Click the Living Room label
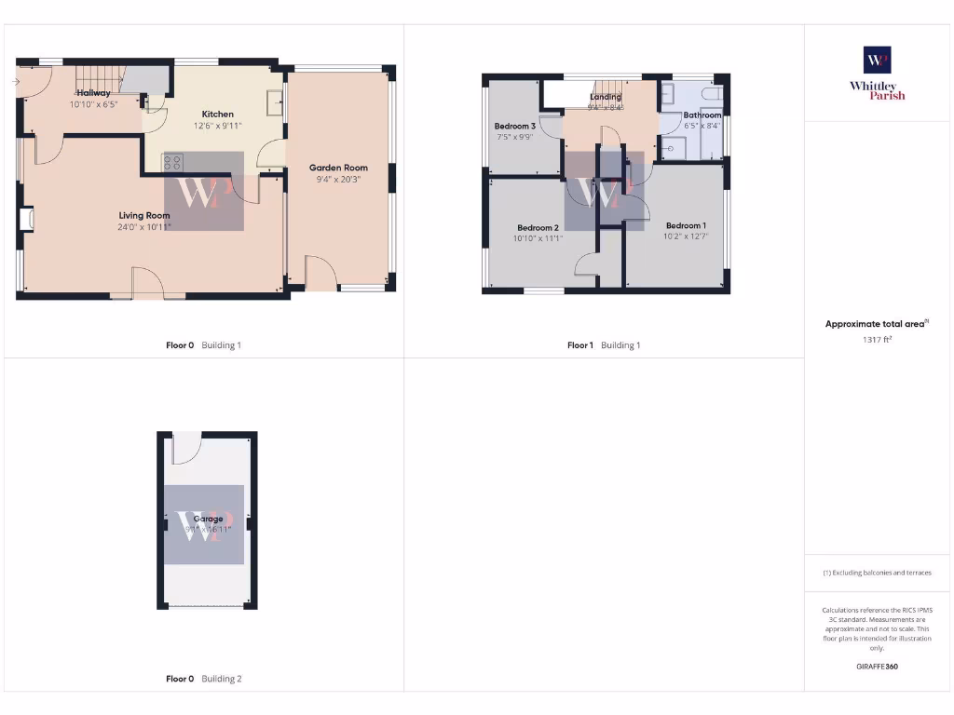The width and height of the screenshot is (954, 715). pyautogui.click(x=143, y=215)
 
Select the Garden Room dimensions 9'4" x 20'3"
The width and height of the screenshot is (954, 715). pyautogui.click(x=338, y=180)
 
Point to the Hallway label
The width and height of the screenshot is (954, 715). pyautogui.click(x=93, y=93)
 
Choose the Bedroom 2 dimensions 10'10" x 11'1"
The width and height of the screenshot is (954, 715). pyautogui.click(x=538, y=239)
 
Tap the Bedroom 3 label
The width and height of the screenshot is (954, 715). pyautogui.click(x=514, y=127)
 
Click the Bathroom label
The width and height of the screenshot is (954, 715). pyautogui.click(x=702, y=115)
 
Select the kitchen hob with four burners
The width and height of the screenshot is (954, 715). pyautogui.click(x=173, y=162)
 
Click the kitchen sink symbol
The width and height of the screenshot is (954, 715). pyautogui.click(x=275, y=101)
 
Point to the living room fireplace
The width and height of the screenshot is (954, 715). pyautogui.click(x=26, y=219)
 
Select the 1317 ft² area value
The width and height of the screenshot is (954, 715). pyautogui.click(x=877, y=340)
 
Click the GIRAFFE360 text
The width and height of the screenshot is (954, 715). pyautogui.click(x=877, y=667)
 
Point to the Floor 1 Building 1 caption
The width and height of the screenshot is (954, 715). pyautogui.click(x=604, y=345)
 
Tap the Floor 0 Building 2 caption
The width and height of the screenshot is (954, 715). pyautogui.click(x=203, y=680)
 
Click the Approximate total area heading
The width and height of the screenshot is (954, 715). pyautogui.click(x=877, y=324)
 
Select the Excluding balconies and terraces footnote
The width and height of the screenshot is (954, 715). pyautogui.click(x=877, y=573)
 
